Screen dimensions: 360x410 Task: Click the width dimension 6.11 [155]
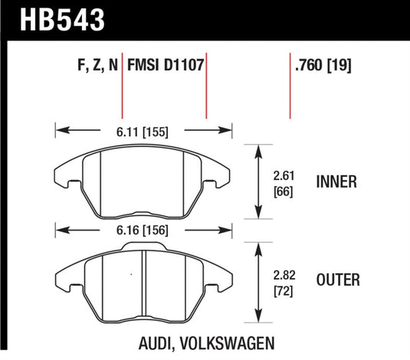144,131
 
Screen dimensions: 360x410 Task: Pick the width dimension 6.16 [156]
144,228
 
